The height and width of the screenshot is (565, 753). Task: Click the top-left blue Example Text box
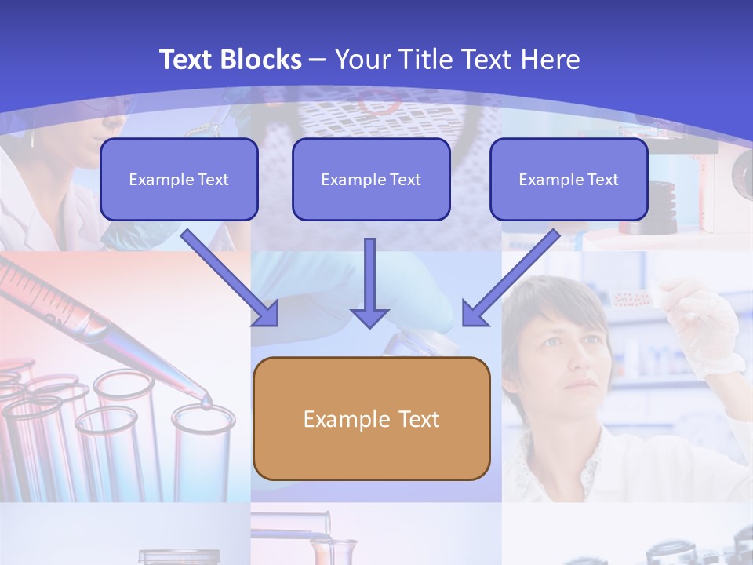(179, 179)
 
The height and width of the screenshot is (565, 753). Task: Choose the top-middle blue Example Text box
(371, 179)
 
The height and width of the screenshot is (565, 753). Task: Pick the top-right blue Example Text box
(569, 179)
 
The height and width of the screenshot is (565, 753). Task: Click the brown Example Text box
(371, 418)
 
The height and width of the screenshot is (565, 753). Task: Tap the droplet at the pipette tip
(206, 403)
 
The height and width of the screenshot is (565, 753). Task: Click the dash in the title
(318, 60)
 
